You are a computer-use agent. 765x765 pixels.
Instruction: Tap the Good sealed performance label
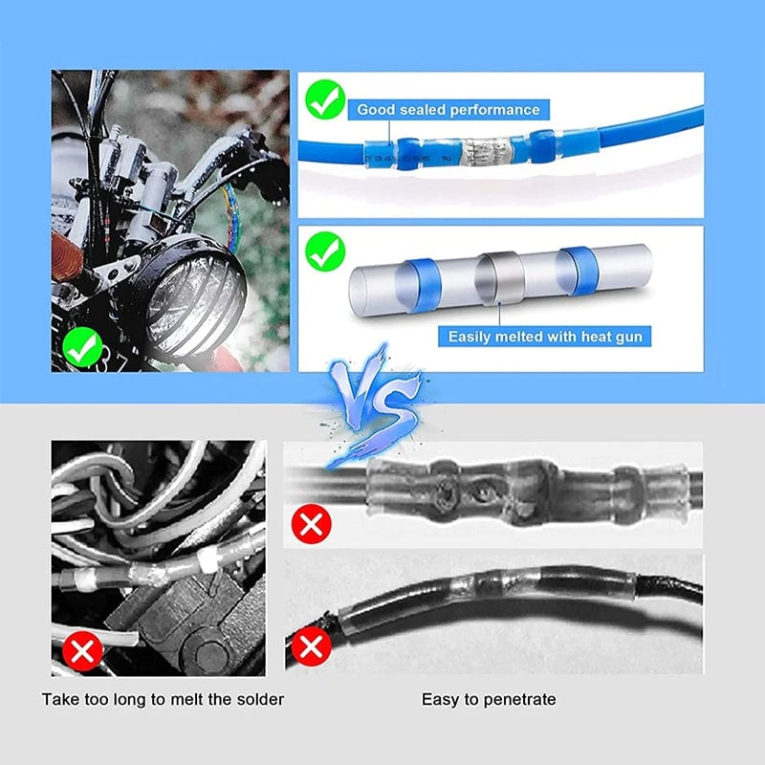(448, 110)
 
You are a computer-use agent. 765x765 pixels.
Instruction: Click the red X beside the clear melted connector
(311, 522)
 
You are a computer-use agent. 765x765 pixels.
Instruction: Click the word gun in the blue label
(633, 337)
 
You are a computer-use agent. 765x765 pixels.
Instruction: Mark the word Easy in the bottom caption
(438, 699)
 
